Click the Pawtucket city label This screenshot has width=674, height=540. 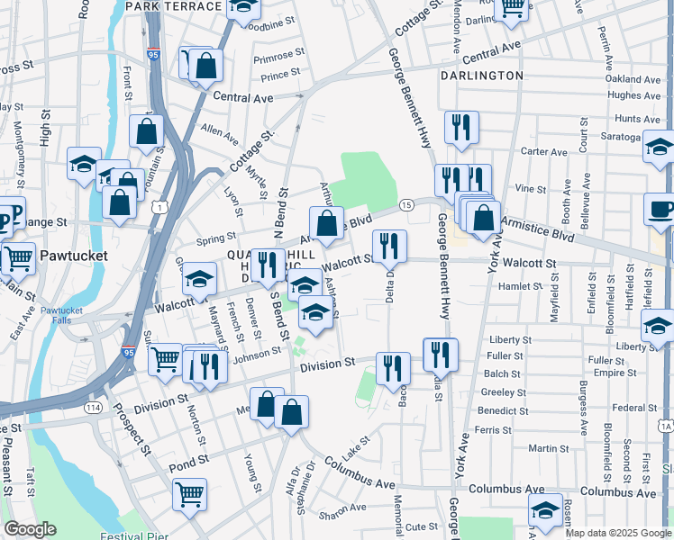(x=73, y=256)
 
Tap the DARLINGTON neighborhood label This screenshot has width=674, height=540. (x=482, y=76)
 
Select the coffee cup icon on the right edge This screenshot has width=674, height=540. (x=660, y=211)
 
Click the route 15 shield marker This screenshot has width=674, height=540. (x=407, y=205)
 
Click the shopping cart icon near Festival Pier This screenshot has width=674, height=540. (x=190, y=493)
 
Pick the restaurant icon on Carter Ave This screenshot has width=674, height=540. (x=461, y=127)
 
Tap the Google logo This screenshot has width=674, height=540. (x=30, y=529)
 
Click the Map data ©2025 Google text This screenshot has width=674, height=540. (x=618, y=533)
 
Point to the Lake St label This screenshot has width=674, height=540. (x=357, y=443)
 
